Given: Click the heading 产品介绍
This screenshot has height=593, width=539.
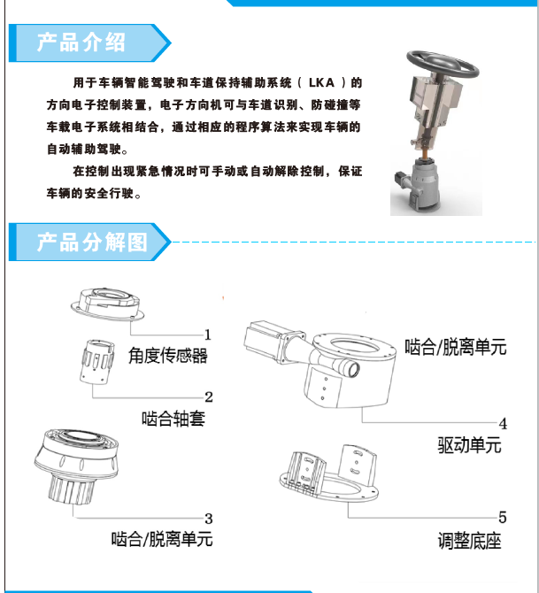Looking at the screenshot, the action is point(81,42).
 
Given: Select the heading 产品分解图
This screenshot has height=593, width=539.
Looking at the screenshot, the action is point(92,242).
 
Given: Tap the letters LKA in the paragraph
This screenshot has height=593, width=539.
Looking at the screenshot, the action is point(321,82).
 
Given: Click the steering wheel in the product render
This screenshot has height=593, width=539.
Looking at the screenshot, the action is point(443,64).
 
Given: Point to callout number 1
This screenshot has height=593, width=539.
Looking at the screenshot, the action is point(208,335).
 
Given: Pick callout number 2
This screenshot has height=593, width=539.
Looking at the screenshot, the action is point(209,397).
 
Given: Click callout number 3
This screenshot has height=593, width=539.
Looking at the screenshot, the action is point(209,519).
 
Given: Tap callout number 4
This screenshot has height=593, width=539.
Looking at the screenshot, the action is point(503,424).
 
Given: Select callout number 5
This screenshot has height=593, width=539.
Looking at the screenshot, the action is point(503,518).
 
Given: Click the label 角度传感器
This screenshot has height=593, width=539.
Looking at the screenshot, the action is point(168,356).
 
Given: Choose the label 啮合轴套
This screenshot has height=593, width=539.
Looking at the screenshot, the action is point(173,419).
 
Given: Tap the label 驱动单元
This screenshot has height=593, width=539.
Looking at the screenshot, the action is point(469,444).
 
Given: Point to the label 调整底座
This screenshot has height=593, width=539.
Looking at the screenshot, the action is point(469,541).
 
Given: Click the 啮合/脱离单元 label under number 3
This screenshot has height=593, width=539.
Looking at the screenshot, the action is point(162,539).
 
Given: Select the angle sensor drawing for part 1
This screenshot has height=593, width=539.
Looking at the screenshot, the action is point(107,304).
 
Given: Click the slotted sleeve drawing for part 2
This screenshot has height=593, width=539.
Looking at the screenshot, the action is point(97,362).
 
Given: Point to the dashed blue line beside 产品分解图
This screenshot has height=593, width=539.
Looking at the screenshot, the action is point(354,242).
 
